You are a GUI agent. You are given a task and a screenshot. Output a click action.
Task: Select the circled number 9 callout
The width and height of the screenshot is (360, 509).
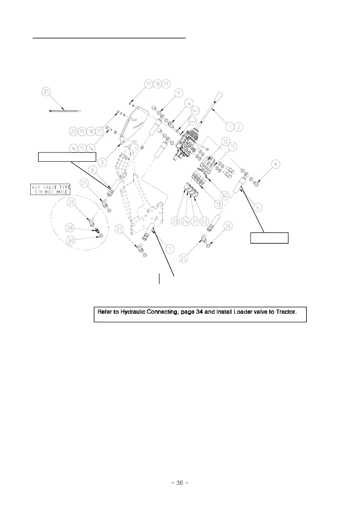click(x=178, y=93)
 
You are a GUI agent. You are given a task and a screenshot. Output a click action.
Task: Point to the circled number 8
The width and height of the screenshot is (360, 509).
click(x=276, y=164)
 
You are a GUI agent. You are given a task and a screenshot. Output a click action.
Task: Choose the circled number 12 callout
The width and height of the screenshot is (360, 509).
click(x=225, y=141)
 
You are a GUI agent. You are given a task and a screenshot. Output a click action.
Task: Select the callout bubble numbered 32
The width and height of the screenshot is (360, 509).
click(x=224, y=196)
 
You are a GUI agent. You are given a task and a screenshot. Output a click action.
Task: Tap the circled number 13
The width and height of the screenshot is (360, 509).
click(x=218, y=205)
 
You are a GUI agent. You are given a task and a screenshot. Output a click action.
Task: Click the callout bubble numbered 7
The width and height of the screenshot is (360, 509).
click(x=170, y=249)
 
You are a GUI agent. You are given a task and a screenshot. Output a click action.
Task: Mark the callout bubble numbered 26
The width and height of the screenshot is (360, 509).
click(x=228, y=226)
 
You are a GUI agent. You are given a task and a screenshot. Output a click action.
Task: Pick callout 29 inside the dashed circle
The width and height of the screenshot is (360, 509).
click(x=71, y=202)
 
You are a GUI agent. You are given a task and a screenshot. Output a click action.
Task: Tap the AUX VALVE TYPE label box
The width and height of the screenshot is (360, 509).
click(x=51, y=189)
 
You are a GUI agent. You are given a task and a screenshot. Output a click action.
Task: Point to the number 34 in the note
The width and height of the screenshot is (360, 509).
click(x=199, y=312)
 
